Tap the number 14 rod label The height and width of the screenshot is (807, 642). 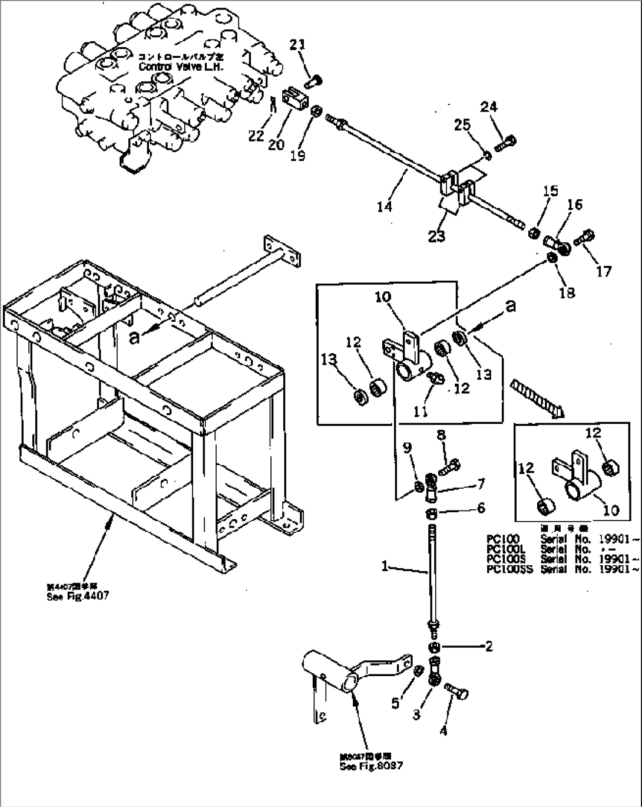(385, 206)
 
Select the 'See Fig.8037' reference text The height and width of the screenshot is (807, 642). (371, 767)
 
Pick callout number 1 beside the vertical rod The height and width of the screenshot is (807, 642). (385, 566)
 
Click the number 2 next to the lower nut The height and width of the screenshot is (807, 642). (489, 646)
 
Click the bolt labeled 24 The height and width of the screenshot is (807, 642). (507, 142)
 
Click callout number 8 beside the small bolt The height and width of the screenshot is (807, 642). (441, 436)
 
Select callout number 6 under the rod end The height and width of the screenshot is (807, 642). (481, 508)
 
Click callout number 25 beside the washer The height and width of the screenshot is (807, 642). (462, 125)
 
